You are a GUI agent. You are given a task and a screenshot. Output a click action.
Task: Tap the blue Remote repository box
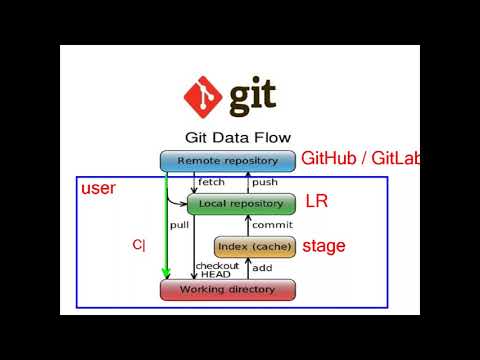227,160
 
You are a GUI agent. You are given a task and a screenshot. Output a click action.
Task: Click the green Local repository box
241,204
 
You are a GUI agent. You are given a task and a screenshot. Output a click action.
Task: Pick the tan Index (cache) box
255,247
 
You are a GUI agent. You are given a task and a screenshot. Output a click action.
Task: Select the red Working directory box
228,290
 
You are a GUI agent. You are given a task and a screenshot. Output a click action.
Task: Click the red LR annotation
316,202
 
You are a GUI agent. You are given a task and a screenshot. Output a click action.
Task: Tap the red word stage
324,245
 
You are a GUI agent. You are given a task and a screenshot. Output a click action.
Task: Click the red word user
98,188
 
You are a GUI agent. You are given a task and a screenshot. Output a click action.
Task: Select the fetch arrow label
211,182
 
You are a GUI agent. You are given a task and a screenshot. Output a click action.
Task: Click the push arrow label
265,182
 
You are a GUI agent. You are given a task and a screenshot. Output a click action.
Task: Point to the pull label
179,225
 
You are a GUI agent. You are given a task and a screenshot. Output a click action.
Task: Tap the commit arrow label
271,225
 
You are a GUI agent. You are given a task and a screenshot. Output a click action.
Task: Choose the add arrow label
261,269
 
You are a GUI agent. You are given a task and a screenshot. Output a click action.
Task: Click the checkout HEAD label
217,270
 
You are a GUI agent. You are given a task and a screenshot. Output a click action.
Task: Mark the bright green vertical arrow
167,225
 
